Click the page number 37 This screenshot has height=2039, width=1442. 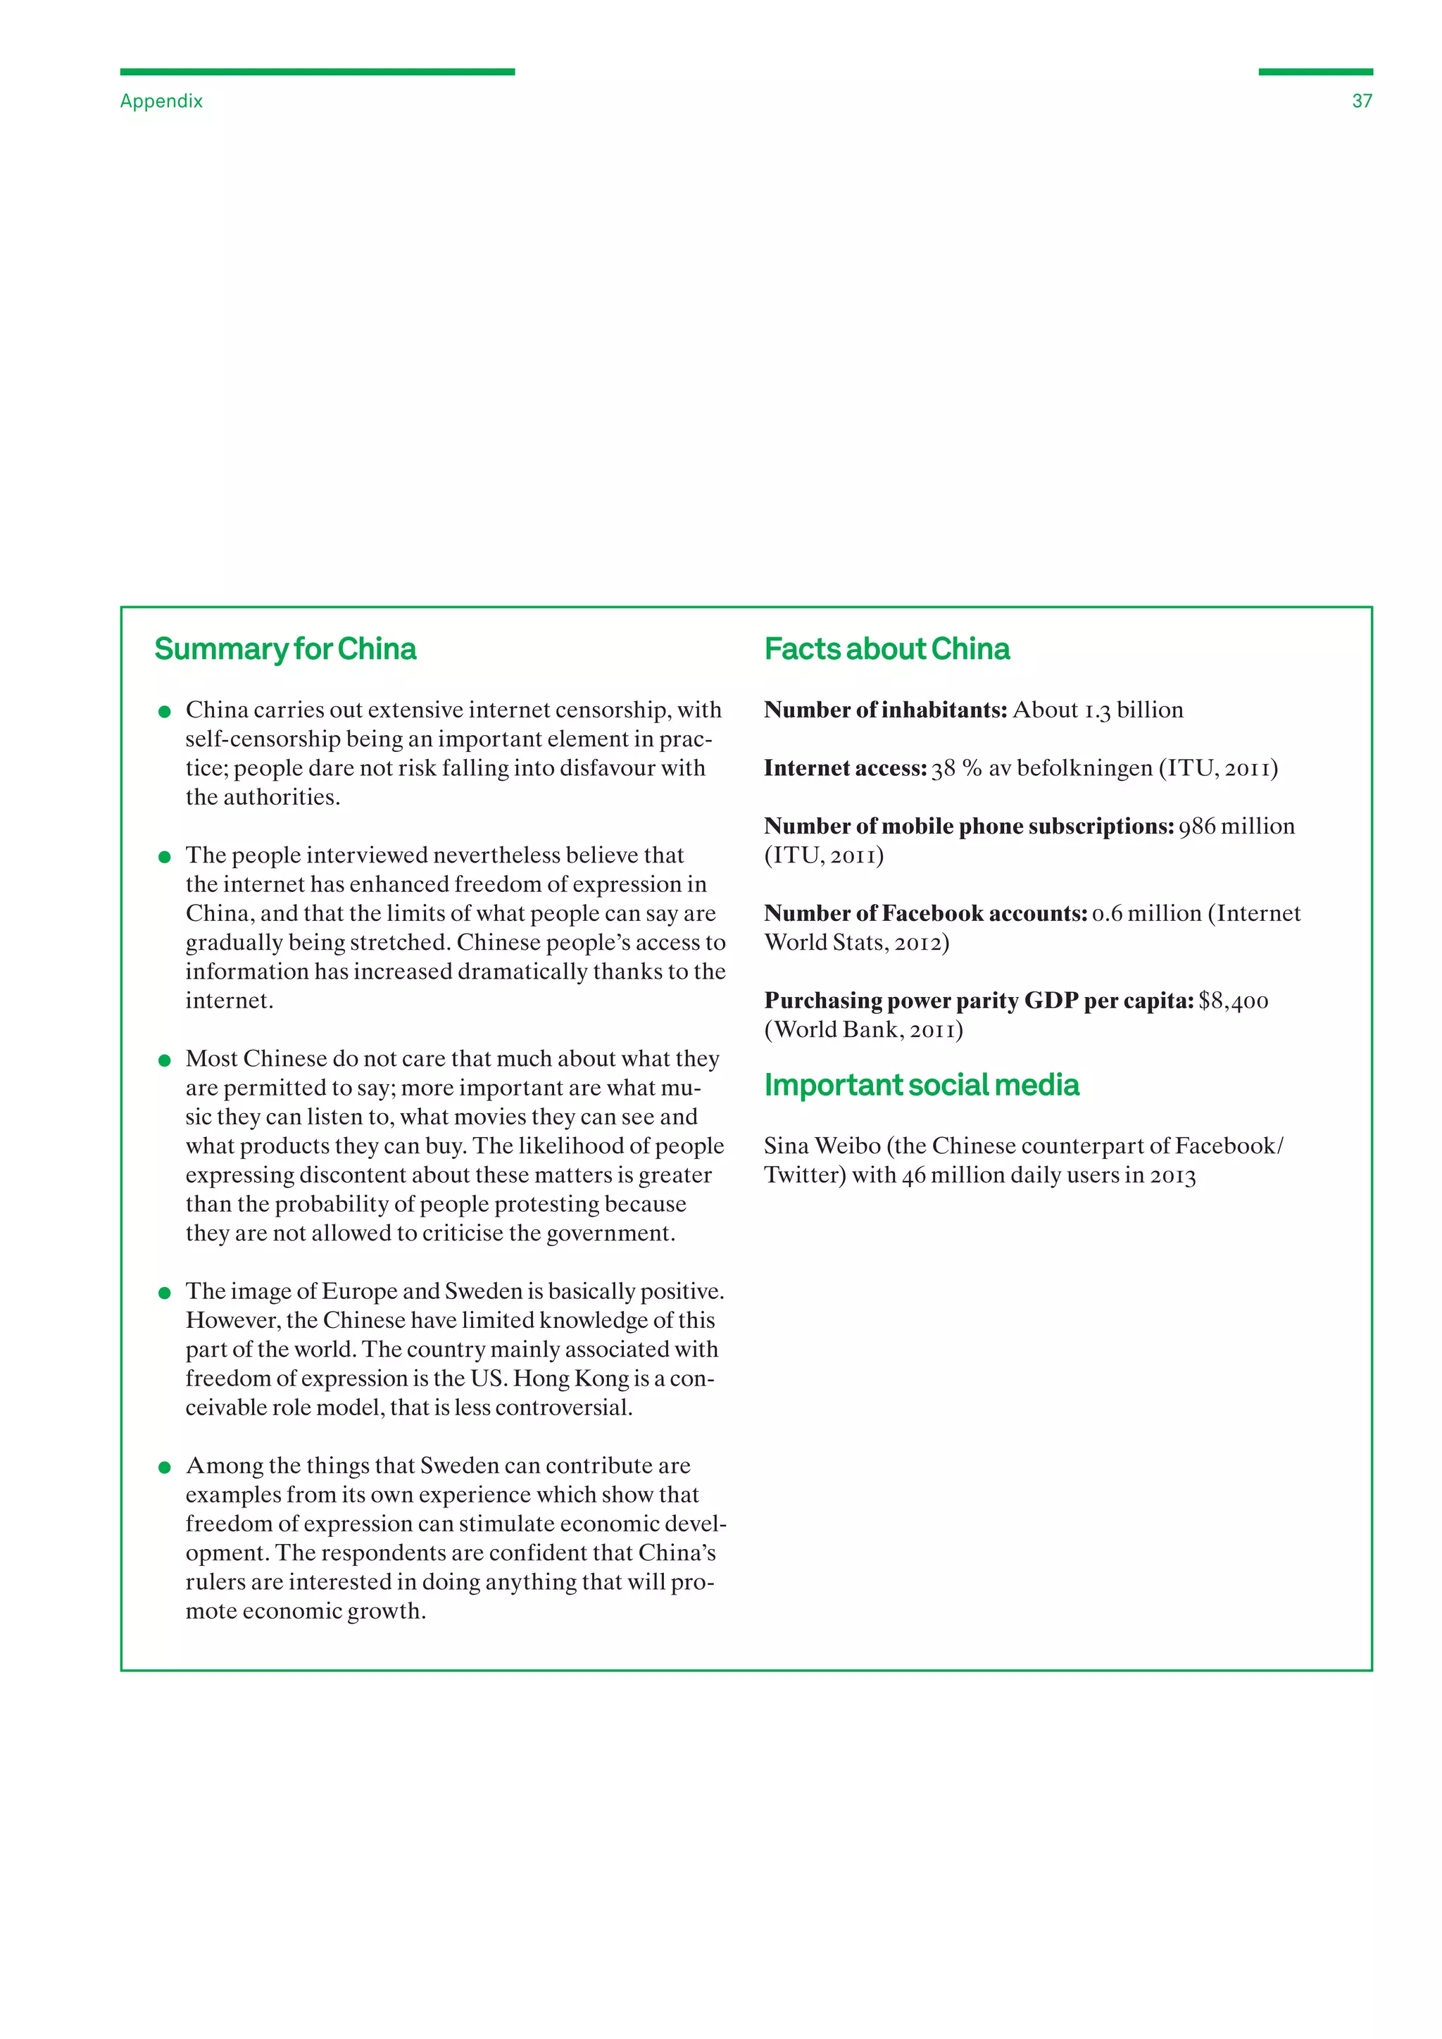coord(1361,101)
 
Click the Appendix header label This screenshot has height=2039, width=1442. coord(162,101)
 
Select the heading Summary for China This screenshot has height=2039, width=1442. coord(285,649)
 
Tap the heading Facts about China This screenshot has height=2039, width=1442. coord(886,649)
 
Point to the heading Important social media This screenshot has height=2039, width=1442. coord(921,1085)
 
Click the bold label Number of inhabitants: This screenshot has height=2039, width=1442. coord(885,710)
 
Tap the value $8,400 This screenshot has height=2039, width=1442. coord(1234,1001)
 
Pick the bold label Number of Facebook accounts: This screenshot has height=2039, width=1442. coord(925,914)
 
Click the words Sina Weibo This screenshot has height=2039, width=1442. coord(822,1146)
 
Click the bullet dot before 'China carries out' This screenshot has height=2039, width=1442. coord(164,711)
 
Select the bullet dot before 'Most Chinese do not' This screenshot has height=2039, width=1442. coord(164,1060)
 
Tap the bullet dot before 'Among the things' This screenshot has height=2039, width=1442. coord(164,1467)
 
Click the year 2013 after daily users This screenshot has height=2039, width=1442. coord(1172,1176)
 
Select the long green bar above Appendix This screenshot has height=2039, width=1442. coord(317,72)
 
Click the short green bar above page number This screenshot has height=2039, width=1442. coord(1315,72)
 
